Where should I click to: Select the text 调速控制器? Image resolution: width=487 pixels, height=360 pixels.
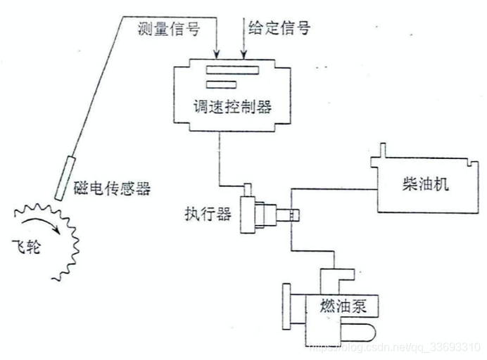pyautogui.click(x=232, y=107)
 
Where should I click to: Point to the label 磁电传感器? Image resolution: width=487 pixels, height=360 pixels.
pyautogui.click(x=113, y=188)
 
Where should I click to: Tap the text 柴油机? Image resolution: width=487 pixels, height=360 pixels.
pyautogui.click(x=425, y=184)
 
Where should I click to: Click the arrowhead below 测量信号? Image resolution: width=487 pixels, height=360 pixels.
pyautogui.click(x=217, y=52)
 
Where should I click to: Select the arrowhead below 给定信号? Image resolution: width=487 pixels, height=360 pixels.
pyautogui.click(x=243, y=52)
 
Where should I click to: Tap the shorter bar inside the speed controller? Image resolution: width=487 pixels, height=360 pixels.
pyautogui.click(x=219, y=84)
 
